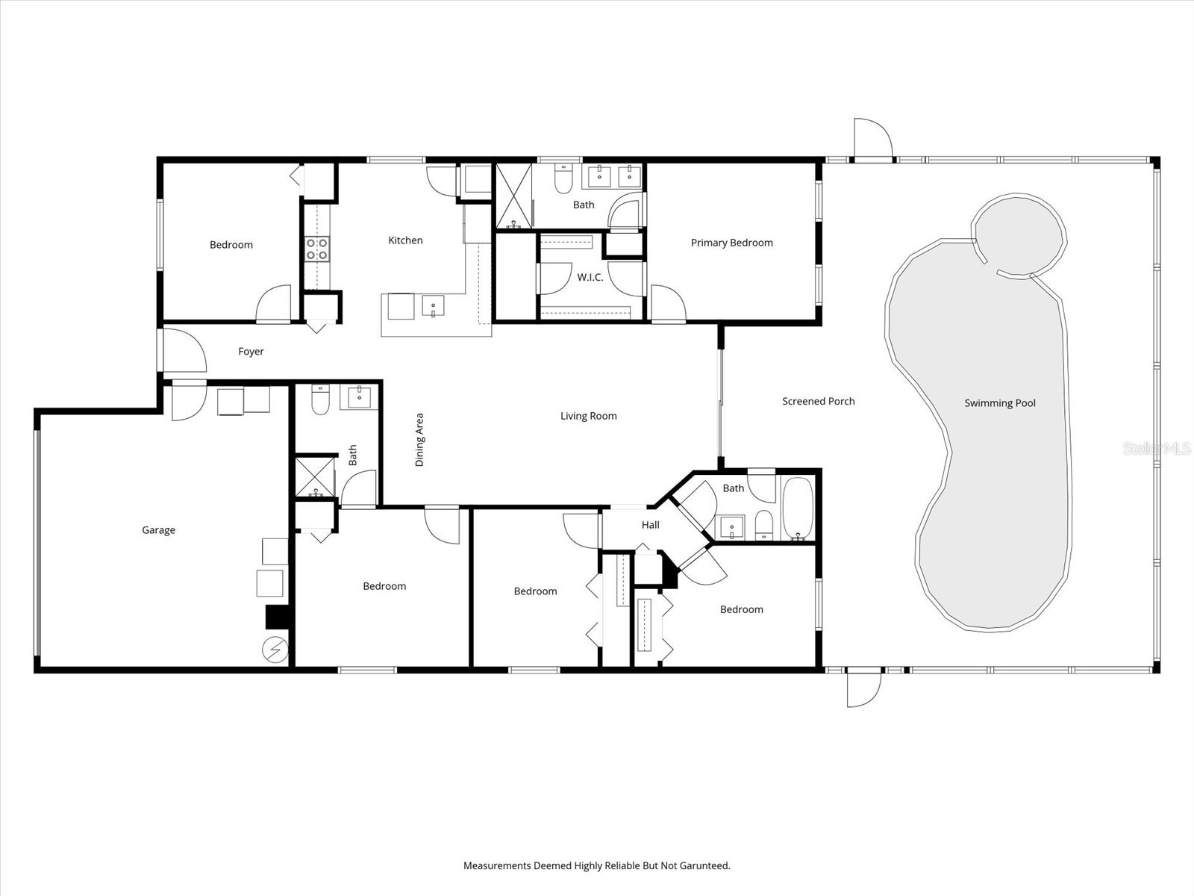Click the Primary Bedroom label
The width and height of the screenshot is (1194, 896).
731,243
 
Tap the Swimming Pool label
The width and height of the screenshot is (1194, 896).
1000,403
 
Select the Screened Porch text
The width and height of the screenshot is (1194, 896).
818,401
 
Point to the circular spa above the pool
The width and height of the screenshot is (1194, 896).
1019,233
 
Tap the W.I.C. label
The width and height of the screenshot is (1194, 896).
590,278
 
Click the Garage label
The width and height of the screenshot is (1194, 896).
158,530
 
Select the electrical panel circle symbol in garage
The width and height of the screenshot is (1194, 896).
275,650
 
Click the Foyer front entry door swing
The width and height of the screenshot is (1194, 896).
183,351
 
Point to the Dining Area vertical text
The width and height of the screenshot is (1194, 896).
419,440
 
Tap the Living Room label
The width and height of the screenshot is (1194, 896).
588,416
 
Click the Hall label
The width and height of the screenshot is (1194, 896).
650,525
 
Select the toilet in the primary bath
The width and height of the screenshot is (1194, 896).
563,179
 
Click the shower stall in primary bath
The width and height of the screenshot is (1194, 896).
514,196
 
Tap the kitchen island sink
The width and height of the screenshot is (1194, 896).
433,306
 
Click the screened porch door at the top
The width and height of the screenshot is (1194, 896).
873,140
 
